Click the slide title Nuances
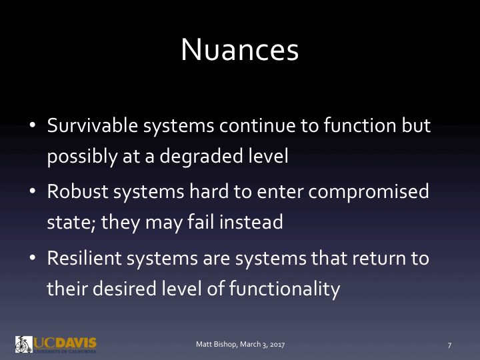pyautogui.click(x=240, y=49)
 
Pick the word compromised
pyautogui.click(x=372, y=192)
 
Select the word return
pyautogui.click(x=377, y=259)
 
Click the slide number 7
pyautogui.click(x=450, y=345)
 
